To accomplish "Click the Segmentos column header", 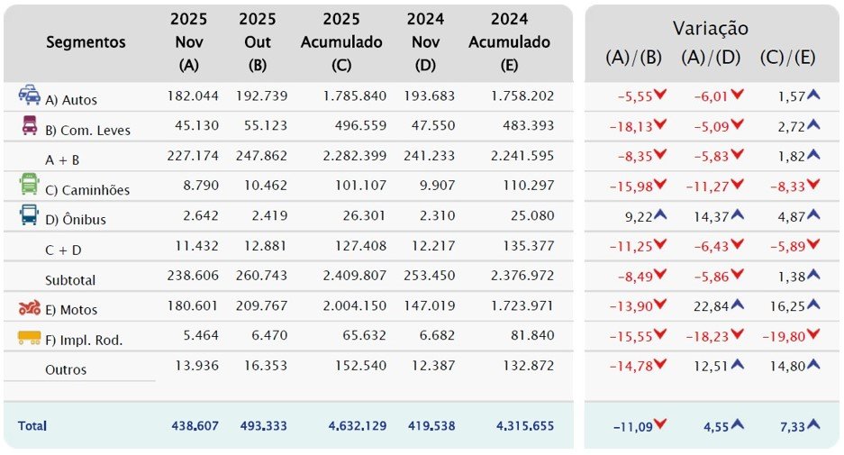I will (86, 42).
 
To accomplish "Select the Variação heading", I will (710, 29).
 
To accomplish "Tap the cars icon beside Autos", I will (29, 95).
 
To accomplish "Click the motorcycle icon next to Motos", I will (29, 308).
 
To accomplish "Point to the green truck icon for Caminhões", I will (29, 185).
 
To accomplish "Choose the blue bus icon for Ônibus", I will (29, 215).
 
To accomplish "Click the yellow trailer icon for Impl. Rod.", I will (29, 338).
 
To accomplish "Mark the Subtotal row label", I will (70, 280).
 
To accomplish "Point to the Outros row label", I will (66, 369).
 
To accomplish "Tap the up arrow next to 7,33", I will (813, 424).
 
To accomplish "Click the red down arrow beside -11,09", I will (660, 424).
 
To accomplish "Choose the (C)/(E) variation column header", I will (786, 57).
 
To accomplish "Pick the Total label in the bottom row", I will (32, 425).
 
